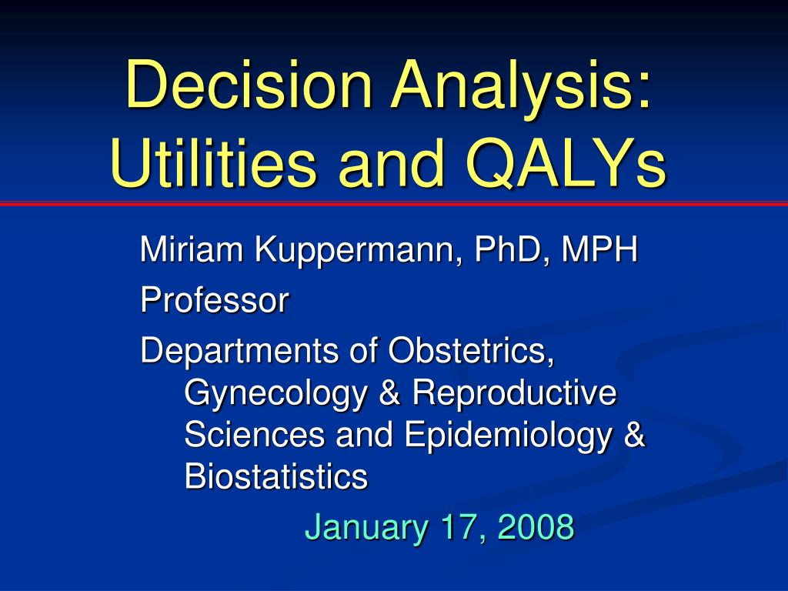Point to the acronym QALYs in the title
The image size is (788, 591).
tap(566, 164)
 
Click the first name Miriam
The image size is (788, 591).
tap(192, 249)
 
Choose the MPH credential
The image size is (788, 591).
tap(599, 249)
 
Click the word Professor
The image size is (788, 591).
tap(215, 300)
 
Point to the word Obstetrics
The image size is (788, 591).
tap(471, 350)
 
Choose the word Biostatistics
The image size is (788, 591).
tap(276, 476)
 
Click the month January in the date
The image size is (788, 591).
tap(366, 528)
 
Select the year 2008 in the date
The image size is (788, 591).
tap(536, 526)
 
